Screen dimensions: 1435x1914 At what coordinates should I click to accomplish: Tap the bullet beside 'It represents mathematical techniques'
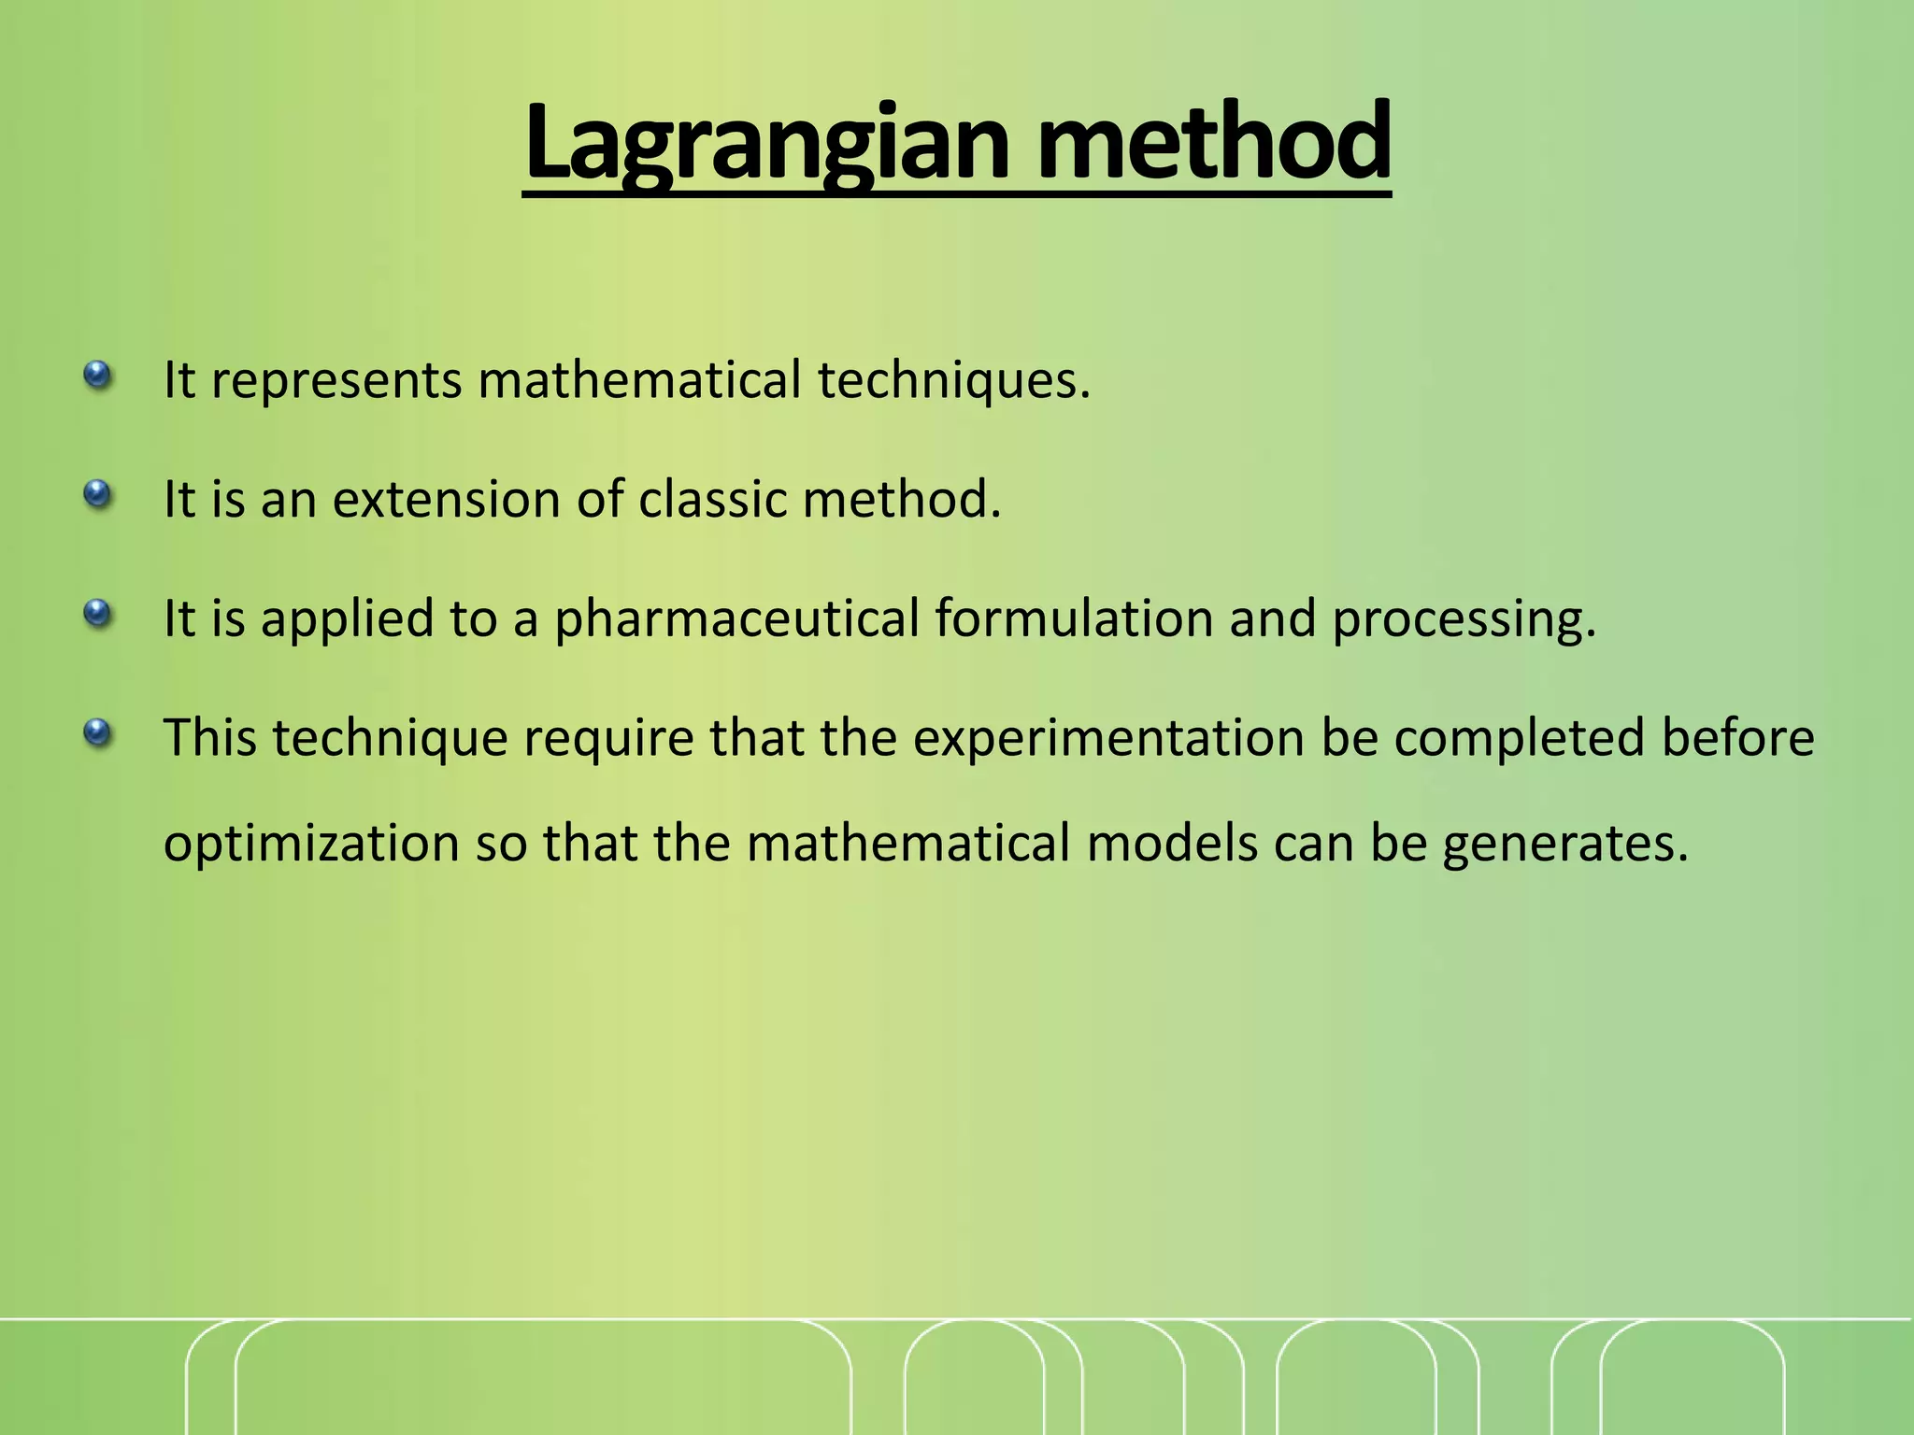pos(97,376)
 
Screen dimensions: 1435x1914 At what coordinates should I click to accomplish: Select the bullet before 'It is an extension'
pos(97,494)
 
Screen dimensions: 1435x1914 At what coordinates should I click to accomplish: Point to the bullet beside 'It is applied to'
pos(97,614)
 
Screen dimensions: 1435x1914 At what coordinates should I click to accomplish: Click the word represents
pos(336,381)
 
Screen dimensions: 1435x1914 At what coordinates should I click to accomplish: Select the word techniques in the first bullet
pos(953,381)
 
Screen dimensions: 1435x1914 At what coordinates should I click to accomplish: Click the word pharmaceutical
pos(736,619)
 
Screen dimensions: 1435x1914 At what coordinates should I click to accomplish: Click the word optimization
pos(311,845)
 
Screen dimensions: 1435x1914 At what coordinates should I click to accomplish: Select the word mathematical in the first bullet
pos(639,381)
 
